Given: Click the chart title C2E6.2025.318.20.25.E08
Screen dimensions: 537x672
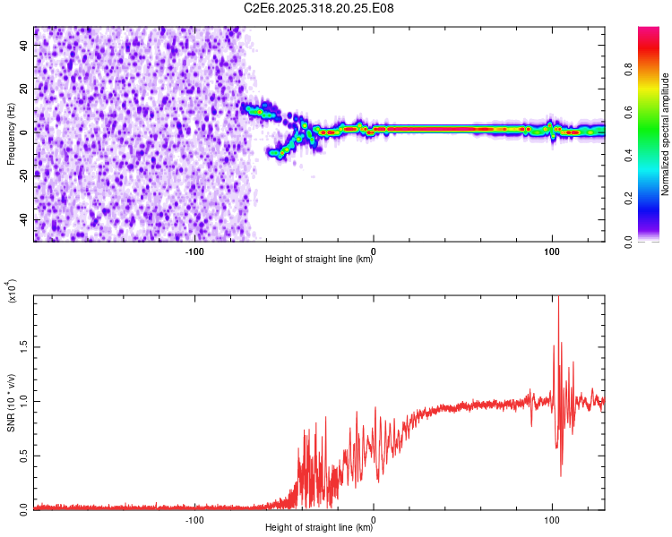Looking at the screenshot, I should [x=319, y=8].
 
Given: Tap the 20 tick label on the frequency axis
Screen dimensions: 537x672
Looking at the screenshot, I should [x=22, y=88].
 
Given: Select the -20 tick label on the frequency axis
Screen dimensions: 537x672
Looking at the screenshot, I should [x=22, y=176].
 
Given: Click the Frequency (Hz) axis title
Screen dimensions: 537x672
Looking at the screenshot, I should [x=10, y=134].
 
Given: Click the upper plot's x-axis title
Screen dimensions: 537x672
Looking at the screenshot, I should [x=319, y=260].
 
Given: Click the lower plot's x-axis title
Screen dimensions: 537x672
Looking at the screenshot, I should [x=319, y=528].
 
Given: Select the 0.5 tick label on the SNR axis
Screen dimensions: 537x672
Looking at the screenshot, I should [x=22, y=455].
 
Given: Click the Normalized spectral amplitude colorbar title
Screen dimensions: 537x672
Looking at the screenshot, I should [x=666, y=134].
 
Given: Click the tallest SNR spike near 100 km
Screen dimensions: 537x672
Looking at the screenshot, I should [x=558, y=301].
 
